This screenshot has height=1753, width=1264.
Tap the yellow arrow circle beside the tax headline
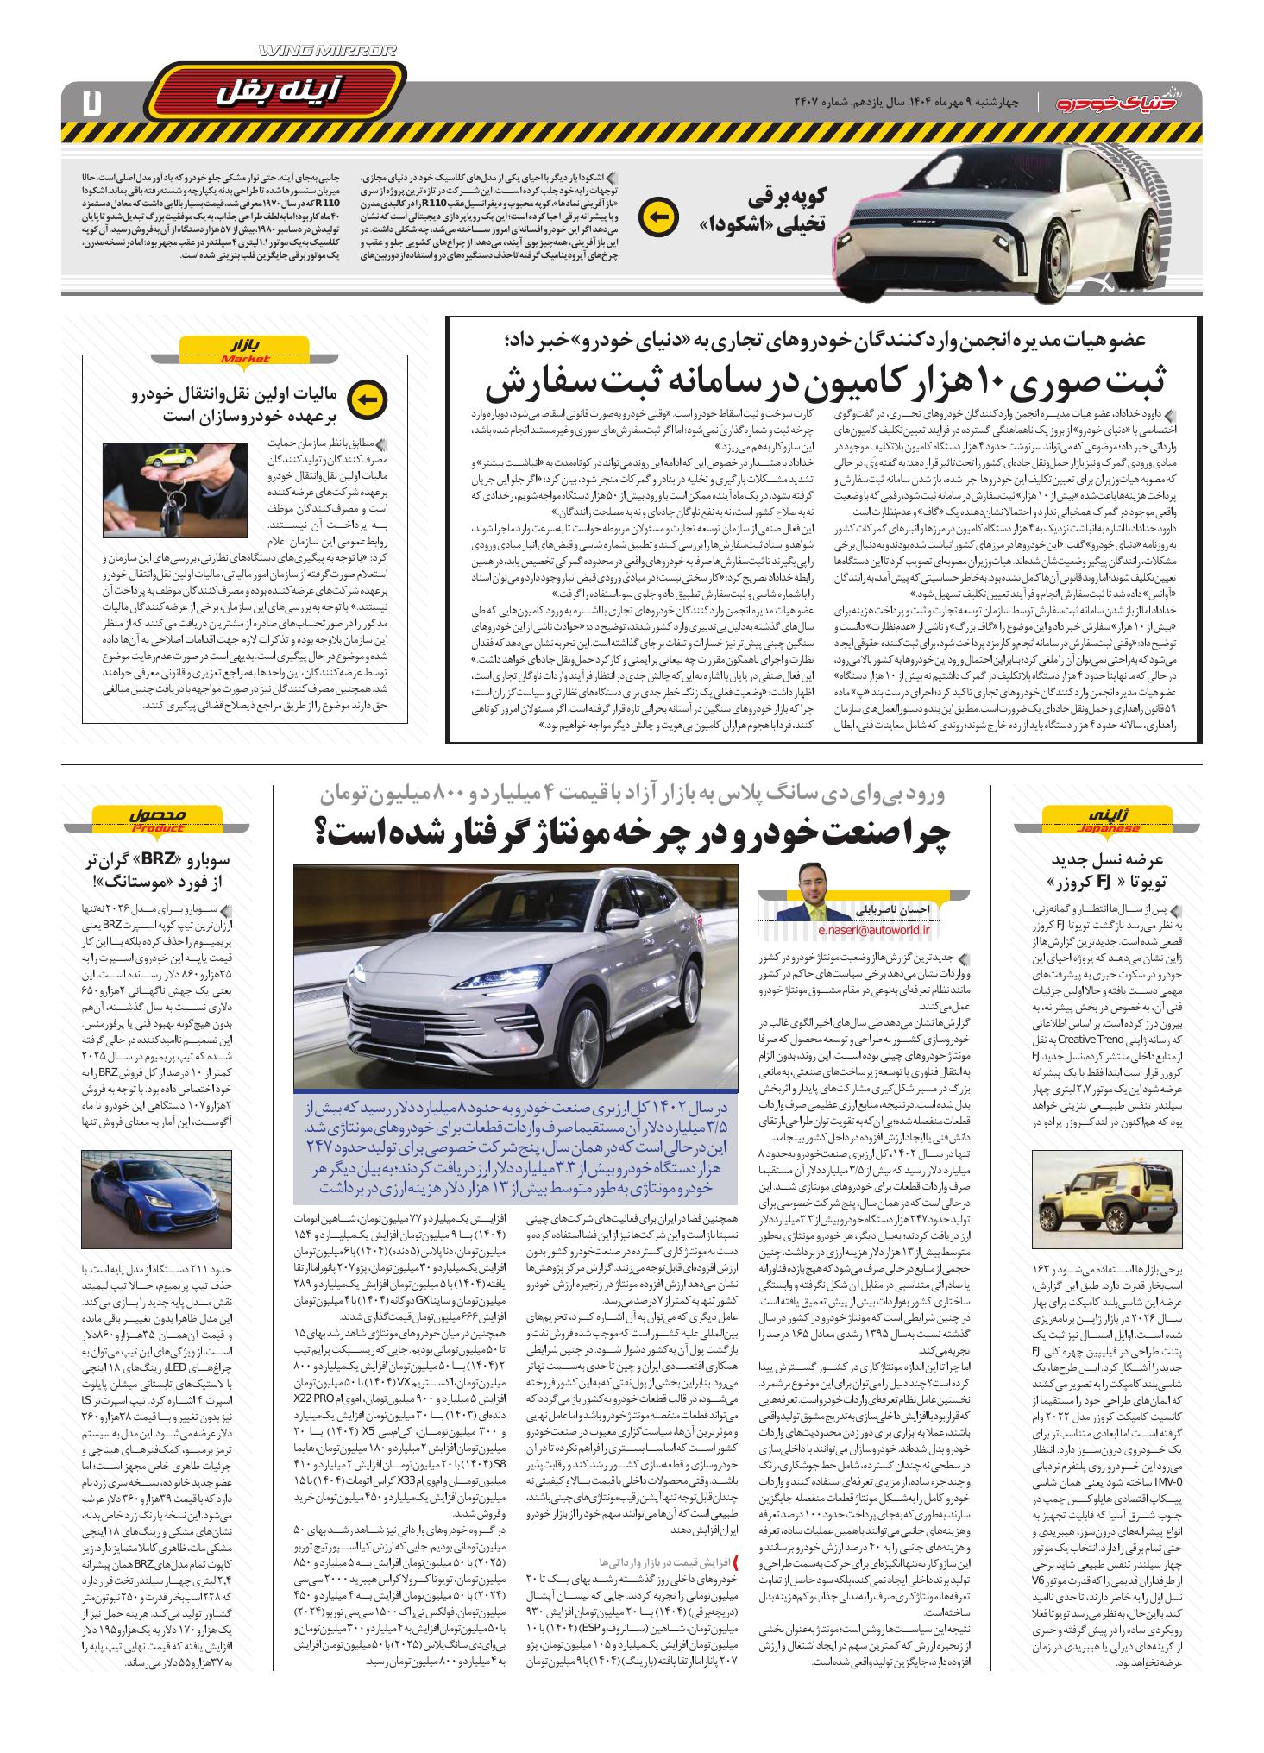point(367,399)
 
